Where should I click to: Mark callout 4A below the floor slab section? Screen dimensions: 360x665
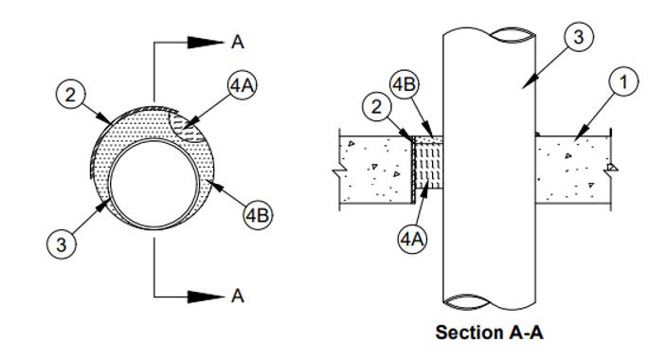point(413,237)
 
